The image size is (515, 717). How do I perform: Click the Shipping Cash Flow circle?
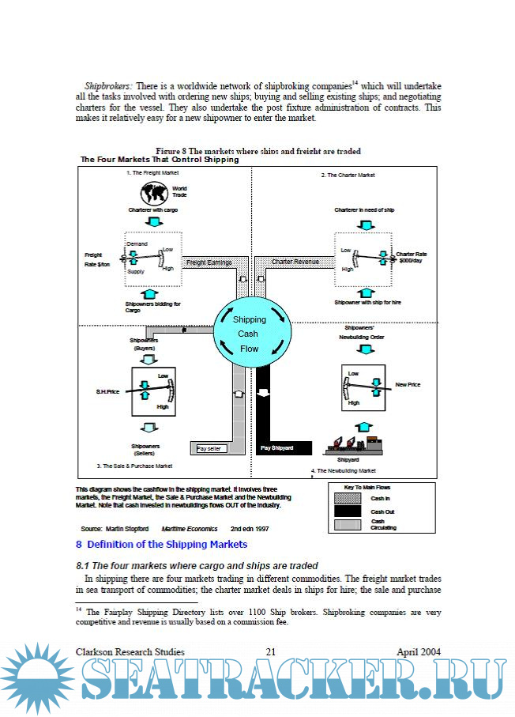[x=249, y=334]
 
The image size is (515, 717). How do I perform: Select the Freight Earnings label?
[x=209, y=262]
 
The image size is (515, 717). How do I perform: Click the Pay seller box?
[x=210, y=449]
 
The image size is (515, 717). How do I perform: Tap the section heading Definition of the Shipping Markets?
[x=161, y=544]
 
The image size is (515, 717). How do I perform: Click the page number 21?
[x=270, y=652]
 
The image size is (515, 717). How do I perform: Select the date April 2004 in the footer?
[x=419, y=652]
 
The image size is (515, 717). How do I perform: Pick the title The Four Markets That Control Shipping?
[x=160, y=160]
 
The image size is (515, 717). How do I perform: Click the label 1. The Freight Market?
[x=153, y=172]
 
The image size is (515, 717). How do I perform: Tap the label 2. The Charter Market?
[x=348, y=175]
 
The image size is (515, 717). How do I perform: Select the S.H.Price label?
[x=107, y=391]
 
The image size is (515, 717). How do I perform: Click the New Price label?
[x=408, y=384]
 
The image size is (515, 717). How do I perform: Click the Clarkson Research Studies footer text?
[x=130, y=652]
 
